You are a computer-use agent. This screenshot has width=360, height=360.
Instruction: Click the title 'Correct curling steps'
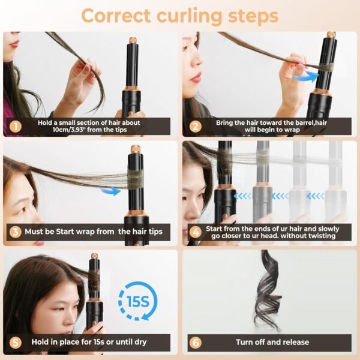(x=179, y=15)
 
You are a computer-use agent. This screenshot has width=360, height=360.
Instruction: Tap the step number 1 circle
(x=16, y=126)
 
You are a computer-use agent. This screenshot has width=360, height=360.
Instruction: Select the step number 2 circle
(x=196, y=126)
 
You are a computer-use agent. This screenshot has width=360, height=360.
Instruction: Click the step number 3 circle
(x=16, y=231)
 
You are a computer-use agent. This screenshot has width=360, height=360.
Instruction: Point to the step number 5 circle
(x=16, y=342)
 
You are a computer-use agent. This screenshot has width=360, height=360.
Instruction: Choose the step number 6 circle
(x=196, y=342)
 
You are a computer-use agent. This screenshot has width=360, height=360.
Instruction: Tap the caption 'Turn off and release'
(x=272, y=342)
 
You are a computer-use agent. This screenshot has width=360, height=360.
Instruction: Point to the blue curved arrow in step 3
(x=109, y=190)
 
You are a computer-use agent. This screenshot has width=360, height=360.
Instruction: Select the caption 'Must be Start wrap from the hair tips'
(x=94, y=231)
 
